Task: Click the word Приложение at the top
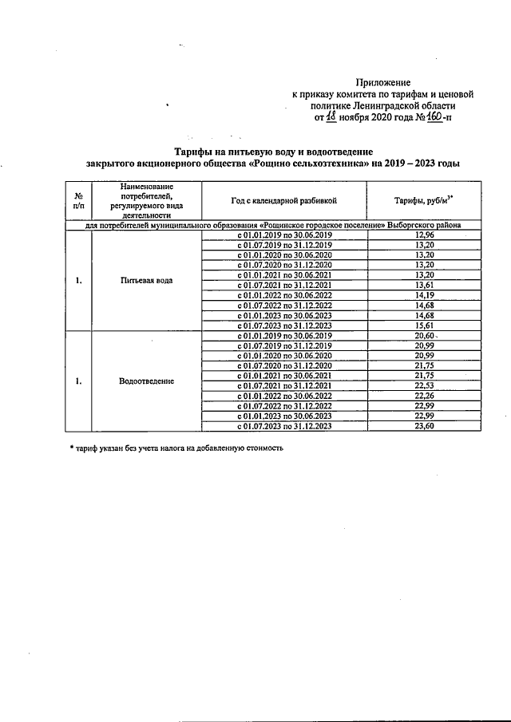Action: (x=383, y=82)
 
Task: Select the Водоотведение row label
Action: (x=146, y=381)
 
